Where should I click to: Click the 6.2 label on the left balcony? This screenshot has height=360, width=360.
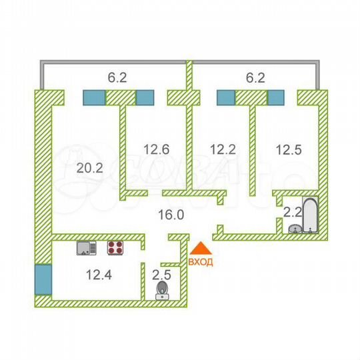pos(117,77)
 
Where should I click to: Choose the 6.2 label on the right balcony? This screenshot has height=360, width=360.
pos(255,77)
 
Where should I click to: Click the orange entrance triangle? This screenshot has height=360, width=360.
pos(200,248)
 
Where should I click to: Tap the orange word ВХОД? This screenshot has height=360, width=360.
pos(201,262)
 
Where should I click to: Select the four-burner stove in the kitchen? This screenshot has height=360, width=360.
pos(115,248)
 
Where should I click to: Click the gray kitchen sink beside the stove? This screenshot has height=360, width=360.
pos(87,248)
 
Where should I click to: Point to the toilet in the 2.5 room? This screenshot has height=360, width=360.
pos(161,291)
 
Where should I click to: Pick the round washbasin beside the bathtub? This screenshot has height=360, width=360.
pos(294,228)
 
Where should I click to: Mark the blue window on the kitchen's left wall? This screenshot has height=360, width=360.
pos(41,281)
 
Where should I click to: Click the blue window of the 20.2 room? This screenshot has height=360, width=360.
pos(93,97)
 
